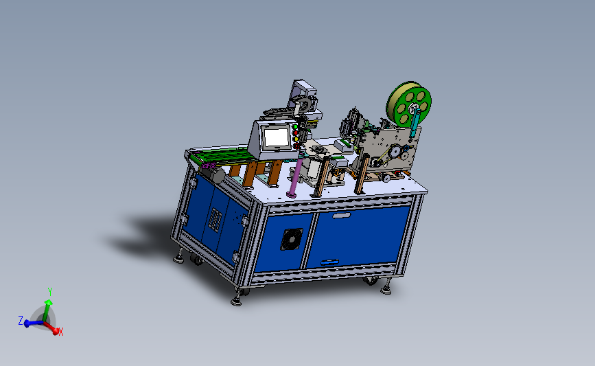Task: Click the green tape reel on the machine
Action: click(x=409, y=103)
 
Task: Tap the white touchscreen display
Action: click(x=277, y=137)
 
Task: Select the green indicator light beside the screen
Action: click(x=295, y=127)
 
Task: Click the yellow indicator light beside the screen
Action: click(x=296, y=139)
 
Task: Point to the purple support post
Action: click(x=295, y=176)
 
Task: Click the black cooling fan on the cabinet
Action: click(x=292, y=239)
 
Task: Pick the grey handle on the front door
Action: click(x=342, y=216)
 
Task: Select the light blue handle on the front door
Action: click(x=329, y=262)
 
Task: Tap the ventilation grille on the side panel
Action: click(x=215, y=220)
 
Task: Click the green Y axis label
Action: click(x=49, y=292)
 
